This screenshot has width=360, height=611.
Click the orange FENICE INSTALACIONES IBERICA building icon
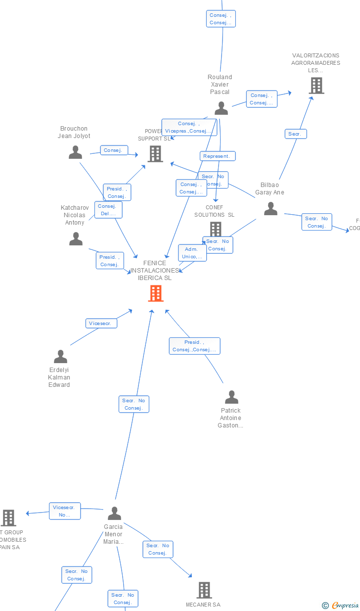point(156,293)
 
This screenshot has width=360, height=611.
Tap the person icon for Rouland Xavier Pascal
point(221,108)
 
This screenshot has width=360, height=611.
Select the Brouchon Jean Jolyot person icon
point(75,152)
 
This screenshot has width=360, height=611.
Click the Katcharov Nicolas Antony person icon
point(76,239)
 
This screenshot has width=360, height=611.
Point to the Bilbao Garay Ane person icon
point(270,209)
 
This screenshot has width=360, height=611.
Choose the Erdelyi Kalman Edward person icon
point(60,356)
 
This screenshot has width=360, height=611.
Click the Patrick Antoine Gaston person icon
point(231,397)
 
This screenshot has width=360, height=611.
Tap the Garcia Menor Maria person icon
point(114,514)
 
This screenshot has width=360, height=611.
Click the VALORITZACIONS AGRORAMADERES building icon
point(316,86)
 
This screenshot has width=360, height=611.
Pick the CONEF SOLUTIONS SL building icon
point(216,229)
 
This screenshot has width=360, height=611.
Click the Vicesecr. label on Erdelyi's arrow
point(101,324)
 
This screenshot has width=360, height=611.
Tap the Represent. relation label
point(218,156)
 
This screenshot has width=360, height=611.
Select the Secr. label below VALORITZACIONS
point(296,134)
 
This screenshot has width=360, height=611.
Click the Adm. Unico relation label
point(192,253)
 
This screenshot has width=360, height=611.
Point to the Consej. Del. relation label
point(108,210)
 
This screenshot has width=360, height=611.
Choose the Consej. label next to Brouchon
point(114,150)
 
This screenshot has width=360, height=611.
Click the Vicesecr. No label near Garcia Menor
point(64,511)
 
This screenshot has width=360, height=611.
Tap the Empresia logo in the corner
point(341,605)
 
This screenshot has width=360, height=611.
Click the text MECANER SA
point(203,605)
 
